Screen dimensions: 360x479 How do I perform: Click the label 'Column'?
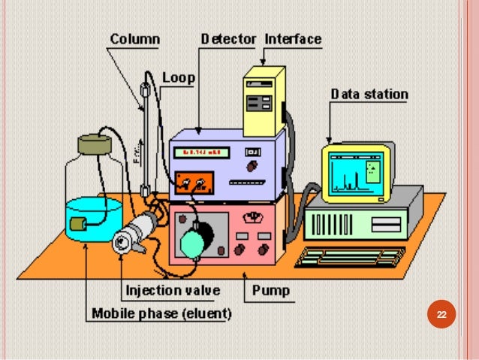point(135,38)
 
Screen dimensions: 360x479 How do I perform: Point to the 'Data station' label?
point(369,94)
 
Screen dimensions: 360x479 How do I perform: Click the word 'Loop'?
point(179,77)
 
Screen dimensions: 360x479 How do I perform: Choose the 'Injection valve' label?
point(173,289)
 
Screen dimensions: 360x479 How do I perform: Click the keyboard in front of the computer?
point(350,256)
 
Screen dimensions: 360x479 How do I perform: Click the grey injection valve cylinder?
point(135,233)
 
